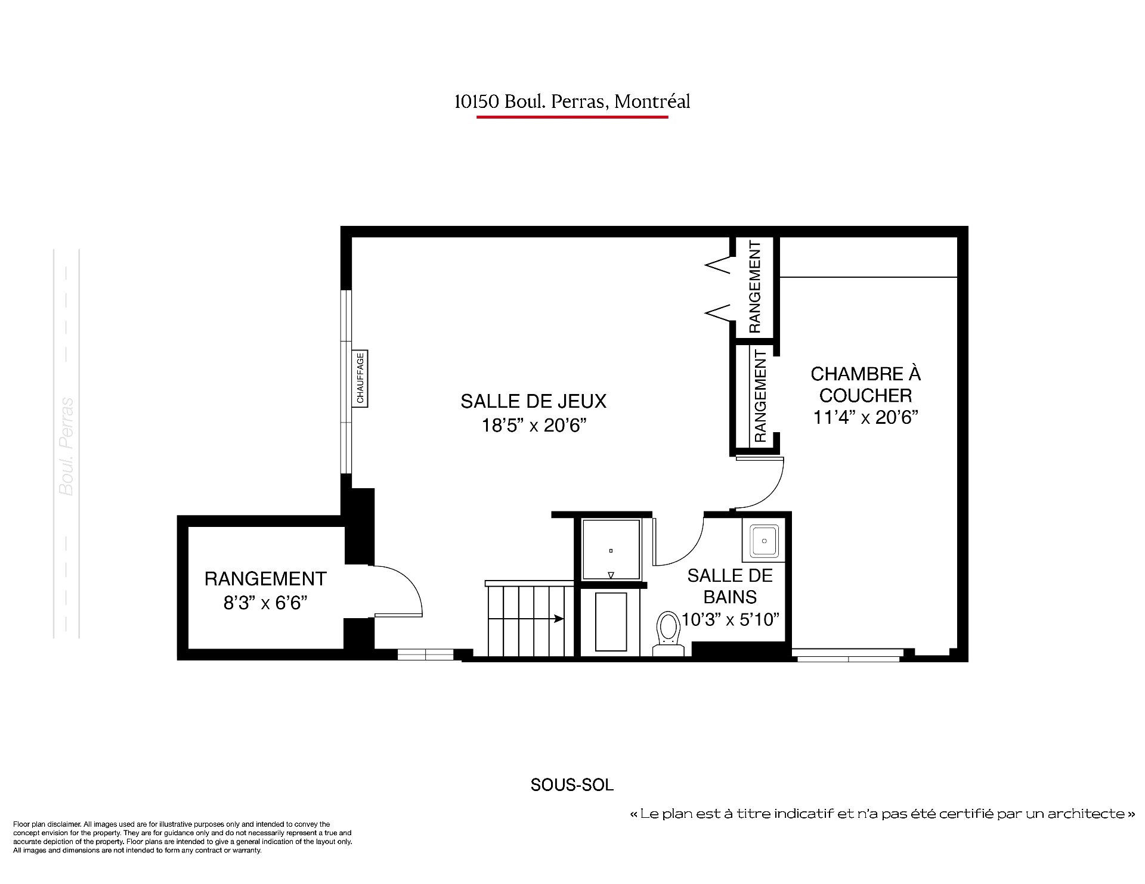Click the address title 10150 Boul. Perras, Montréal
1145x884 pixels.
click(x=572, y=101)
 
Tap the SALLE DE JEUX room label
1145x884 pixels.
click(x=533, y=401)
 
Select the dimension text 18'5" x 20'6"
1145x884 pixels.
click(x=534, y=425)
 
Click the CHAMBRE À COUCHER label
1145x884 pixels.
click(x=865, y=384)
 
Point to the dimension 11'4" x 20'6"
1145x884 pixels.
click(x=865, y=417)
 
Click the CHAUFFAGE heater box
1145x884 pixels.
click(x=360, y=379)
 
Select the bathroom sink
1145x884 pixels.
click(x=764, y=542)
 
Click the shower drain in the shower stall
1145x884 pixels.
click(x=611, y=551)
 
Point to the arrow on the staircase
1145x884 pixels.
click(x=526, y=619)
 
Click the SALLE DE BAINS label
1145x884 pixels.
click(x=730, y=586)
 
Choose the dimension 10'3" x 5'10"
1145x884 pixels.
click(x=731, y=620)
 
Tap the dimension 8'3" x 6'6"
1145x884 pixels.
click(x=265, y=603)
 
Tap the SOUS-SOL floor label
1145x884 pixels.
click(x=572, y=785)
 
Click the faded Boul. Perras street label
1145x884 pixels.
click(x=67, y=446)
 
